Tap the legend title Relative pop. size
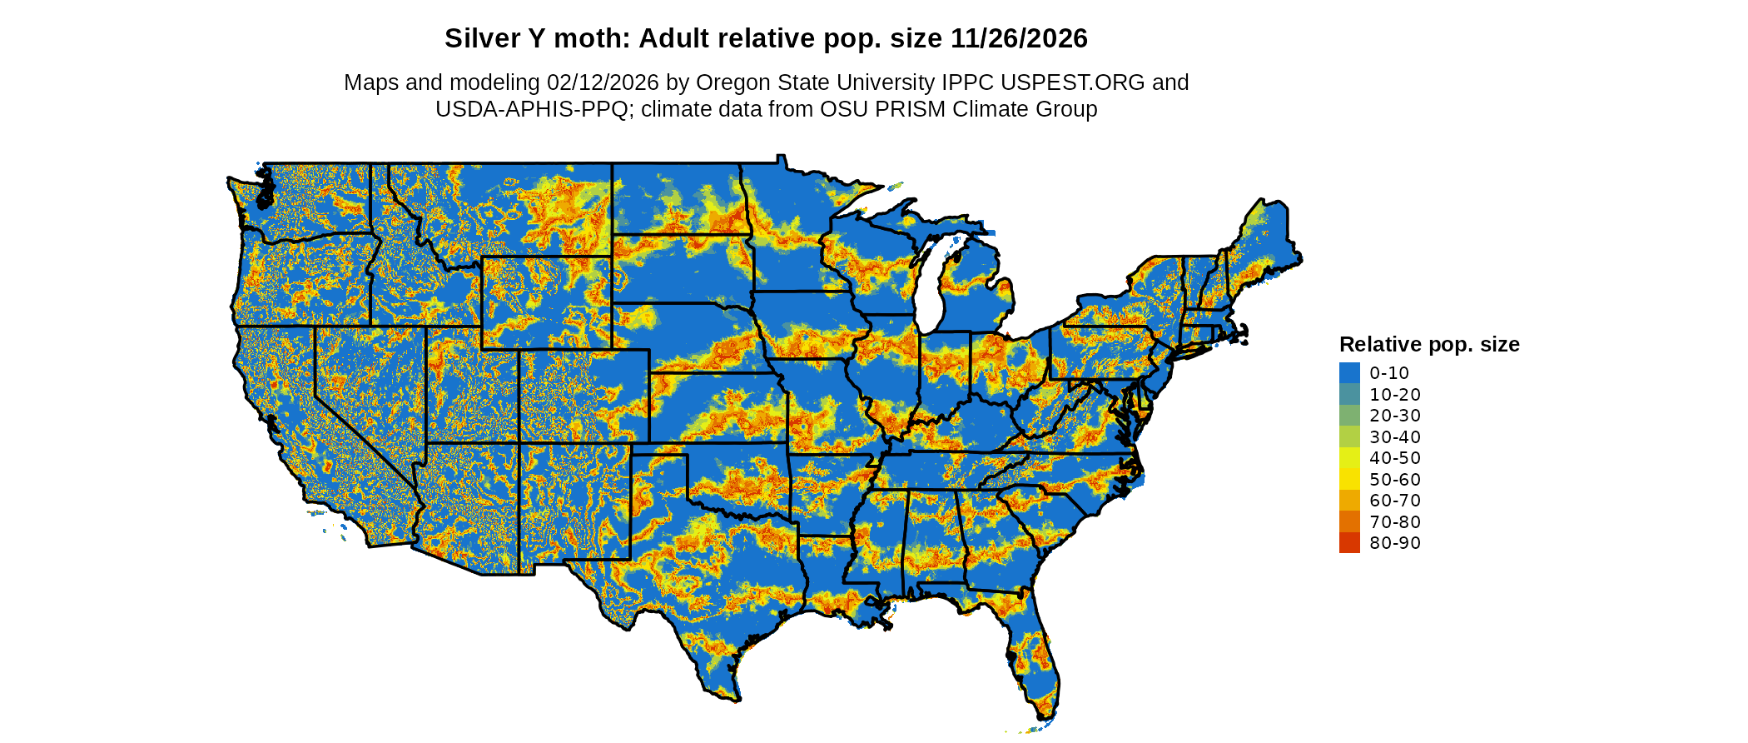pos(1428,344)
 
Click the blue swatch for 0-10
pos(1349,372)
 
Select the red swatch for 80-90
pos(1349,542)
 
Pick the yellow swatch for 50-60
pos(1349,479)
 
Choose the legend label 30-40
pos(1395,436)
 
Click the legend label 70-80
pos(1395,521)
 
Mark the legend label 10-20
pos(1395,394)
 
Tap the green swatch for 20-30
pos(1349,415)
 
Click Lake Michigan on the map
pos(931,283)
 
